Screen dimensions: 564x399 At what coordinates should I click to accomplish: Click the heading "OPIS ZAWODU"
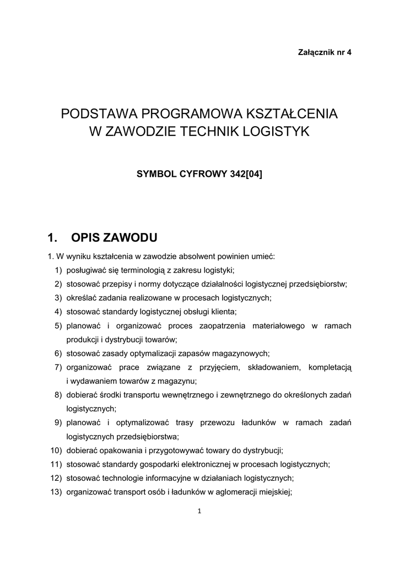(115, 238)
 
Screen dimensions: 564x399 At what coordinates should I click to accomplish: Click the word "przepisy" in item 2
(116, 284)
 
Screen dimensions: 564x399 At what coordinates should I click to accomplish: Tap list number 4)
(58, 312)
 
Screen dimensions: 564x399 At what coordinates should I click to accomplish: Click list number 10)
(56, 450)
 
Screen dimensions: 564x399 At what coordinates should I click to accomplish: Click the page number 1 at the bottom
(199, 511)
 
